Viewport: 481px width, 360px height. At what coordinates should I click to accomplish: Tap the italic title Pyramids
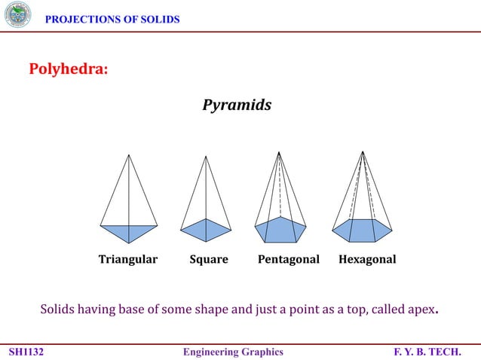tap(237, 105)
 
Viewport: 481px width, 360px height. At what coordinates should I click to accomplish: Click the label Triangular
tap(128, 259)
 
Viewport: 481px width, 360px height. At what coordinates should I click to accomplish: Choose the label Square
tap(208, 259)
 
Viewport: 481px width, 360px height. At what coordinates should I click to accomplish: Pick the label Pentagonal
tap(289, 259)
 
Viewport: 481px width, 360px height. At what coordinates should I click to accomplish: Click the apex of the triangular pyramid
tap(129, 155)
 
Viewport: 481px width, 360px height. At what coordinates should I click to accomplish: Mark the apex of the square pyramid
tap(206, 156)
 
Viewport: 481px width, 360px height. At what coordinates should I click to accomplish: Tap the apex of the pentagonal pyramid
tap(280, 152)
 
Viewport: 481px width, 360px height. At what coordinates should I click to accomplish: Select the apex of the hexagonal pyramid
tap(363, 152)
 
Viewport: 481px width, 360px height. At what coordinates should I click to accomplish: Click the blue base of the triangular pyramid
tap(129, 232)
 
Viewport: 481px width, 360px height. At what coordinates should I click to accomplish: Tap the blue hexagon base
tap(363, 230)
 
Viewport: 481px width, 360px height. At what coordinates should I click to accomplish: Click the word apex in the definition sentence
tap(423, 310)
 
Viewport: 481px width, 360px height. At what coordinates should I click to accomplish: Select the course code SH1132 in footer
tap(26, 352)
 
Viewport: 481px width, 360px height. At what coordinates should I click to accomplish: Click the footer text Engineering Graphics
tap(234, 352)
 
